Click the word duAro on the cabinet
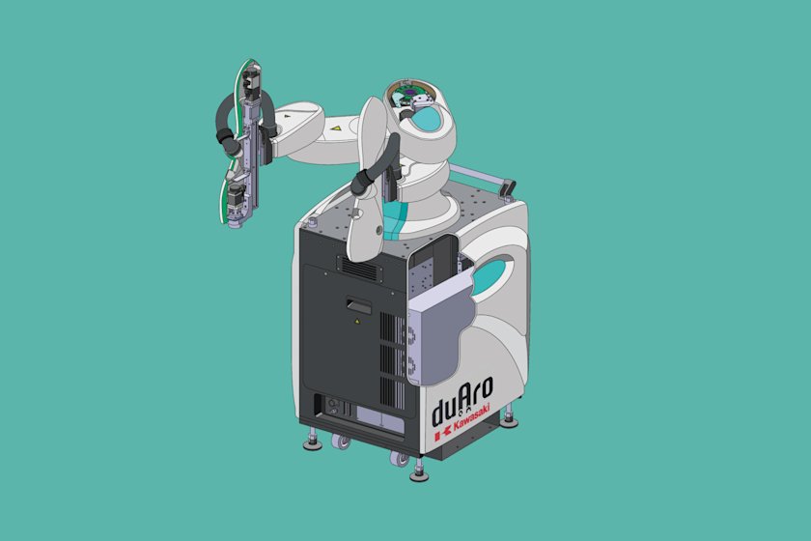pyautogui.click(x=464, y=411)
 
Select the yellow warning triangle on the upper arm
pyautogui.click(x=336, y=128)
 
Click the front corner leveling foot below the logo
pyautogui.click(x=418, y=472)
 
